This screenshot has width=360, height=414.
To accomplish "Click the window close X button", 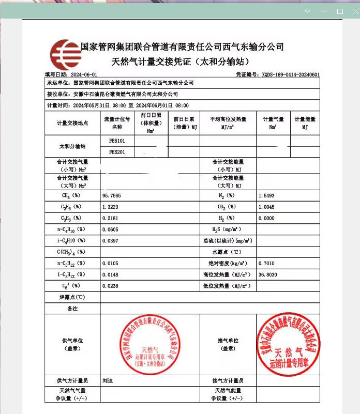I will (354, 11).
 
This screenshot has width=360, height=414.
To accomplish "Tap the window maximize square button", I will (340, 11).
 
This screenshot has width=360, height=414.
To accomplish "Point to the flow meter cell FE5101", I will (117, 141).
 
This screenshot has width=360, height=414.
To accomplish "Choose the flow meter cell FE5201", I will (117, 152).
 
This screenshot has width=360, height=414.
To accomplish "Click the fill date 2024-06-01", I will (83, 75).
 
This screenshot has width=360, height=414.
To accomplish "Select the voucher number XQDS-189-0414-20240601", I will (291, 75).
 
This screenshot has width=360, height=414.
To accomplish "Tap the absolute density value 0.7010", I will (266, 264).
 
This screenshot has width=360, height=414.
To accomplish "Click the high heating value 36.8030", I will (268, 275).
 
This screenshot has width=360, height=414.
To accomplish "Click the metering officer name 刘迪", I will (108, 381).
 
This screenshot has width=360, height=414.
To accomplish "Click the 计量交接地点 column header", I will (72, 123).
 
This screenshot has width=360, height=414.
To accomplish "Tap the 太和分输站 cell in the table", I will (72, 147).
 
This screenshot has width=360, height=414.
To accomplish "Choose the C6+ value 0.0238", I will (111, 286).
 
